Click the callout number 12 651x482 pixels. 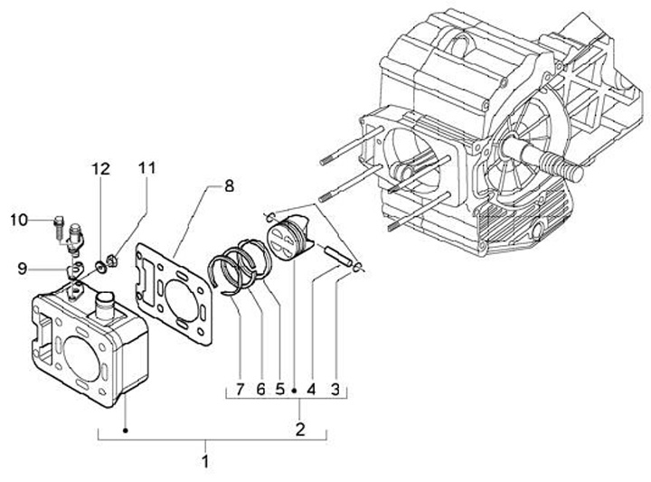coord(101,169)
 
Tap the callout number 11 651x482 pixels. coord(146,167)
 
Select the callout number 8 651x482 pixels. coord(229,186)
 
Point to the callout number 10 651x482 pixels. coord(19,220)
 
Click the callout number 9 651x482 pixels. coord(23,269)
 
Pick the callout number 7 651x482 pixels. coord(240,390)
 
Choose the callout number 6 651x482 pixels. coord(260,390)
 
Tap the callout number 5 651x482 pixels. coord(280,390)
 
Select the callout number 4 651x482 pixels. coord(311,390)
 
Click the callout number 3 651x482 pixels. coord(335,390)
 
